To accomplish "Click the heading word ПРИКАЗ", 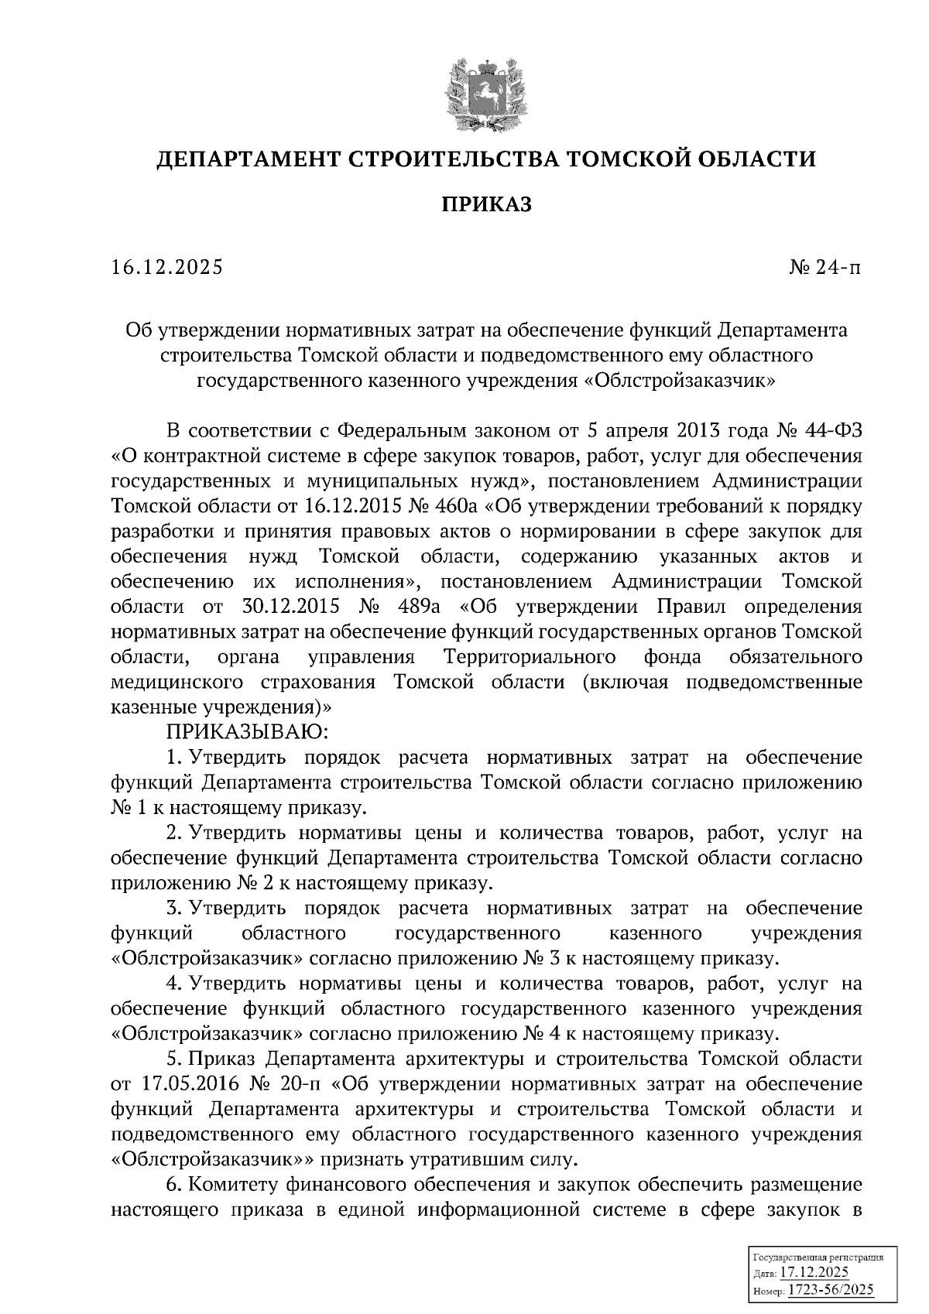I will coord(486,205).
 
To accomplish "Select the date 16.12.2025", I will coord(166,268).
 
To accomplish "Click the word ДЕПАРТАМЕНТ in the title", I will coord(245,160).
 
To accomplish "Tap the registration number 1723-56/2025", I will coord(831,1289).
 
